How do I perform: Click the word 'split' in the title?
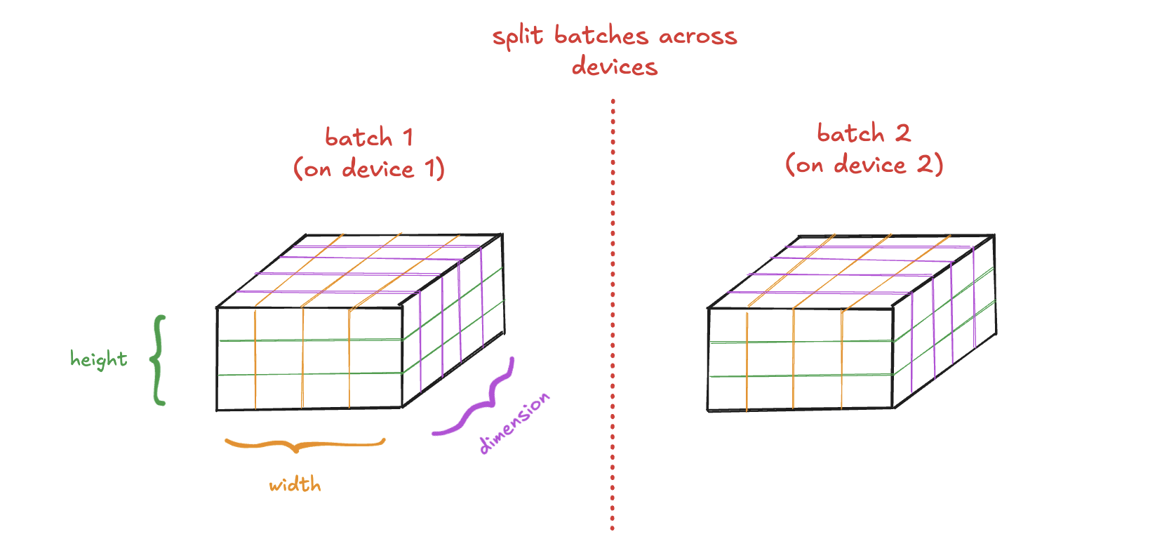pyautogui.click(x=518, y=37)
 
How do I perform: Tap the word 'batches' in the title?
pyautogui.click(x=601, y=35)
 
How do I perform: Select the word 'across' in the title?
pyautogui.click(x=698, y=36)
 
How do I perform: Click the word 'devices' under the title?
pyautogui.click(x=614, y=66)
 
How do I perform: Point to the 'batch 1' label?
pyautogui.click(x=369, y=138)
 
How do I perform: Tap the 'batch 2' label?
pyautogui.click(x=864, y=133)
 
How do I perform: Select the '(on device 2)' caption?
pyautogui.click(x=864, y=164)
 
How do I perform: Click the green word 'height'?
pyautogui.click(x=99, y=360)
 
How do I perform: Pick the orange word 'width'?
pyautogui.click(x=295, y=484)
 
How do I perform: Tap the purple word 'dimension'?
pyautogui.click(x=514, y=422)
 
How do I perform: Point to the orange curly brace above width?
pyautogui.click(x=305, y=446)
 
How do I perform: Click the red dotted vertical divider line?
pyautogui.click(x=613, y=314)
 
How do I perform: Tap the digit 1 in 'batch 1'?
pyautogui.click(x=408, y=138)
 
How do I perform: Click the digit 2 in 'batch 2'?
pyautogui.click(x=902, y=133)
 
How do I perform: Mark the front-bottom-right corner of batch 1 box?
pyautogui.click(x=402, y=407)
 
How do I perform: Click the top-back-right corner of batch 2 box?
pyautogui.click(x=994, y=235)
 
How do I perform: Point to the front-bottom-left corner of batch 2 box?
pyautogui.click(x=708, y=411)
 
